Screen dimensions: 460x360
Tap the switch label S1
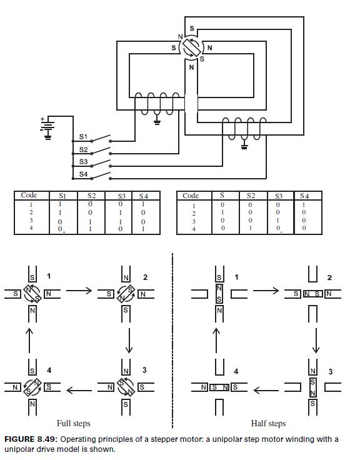click(84, 137)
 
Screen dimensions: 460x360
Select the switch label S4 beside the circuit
click(84, 173)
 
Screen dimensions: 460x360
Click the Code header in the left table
click(29, 196)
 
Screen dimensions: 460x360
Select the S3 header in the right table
click(279, 196)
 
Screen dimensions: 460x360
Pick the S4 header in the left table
click(143, 196)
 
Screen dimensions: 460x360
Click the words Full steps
click(74, 423)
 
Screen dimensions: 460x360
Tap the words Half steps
click(268, 423)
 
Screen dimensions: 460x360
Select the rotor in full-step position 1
click(32, 292)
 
